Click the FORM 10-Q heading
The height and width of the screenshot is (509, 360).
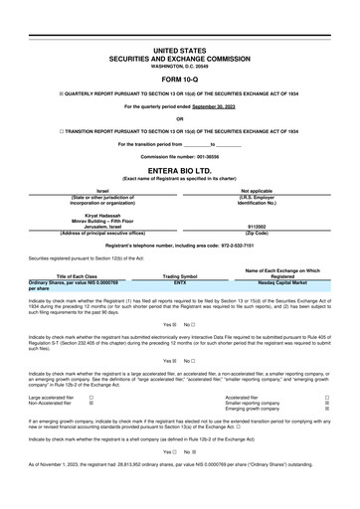click(x=179, y=80)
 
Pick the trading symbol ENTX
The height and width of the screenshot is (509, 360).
click(x=180, y=283)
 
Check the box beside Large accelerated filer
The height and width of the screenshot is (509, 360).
click(x=91, y=397)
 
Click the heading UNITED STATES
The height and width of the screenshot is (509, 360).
click(x=179, y=48)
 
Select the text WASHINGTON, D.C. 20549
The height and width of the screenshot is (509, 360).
click(x=179, y=65)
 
